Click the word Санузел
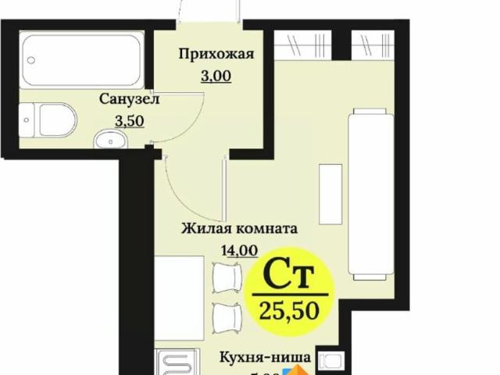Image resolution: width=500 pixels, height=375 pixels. pos(129,99)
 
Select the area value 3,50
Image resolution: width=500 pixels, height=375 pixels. pos(129,122)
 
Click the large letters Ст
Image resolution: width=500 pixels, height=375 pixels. pos(287,275)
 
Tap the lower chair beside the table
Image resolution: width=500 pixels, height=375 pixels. pos(227,315)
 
